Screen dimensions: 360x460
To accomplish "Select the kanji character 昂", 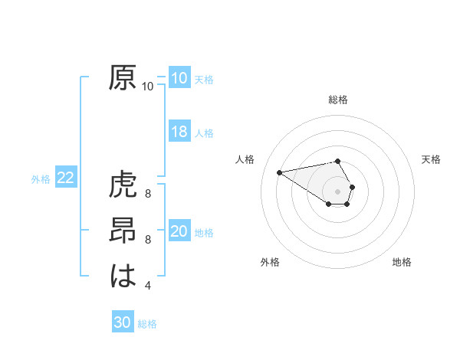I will [x=123, y=232].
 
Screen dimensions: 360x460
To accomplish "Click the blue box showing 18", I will [x=179, y=132].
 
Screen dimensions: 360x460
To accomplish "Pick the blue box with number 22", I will [x=65, y=178].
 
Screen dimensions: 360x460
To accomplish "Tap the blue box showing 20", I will [x=179, y=231].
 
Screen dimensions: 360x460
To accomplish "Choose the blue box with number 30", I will [x=123, y=322].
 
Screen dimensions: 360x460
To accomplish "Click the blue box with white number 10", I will [x=179, y=78].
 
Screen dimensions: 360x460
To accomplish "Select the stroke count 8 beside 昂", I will [x=148, y=239].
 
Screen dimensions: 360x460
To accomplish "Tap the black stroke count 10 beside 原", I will [x=148, y=87].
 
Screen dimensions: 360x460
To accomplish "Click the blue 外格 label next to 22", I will [x=41, y=179].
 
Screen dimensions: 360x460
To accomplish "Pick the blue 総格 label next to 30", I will [x=147, y=324].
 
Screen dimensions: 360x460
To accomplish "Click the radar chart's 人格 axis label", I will [x=245, y=159].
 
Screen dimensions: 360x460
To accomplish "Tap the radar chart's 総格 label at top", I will [x=338, y=100].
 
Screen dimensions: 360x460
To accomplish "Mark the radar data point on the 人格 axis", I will [x=280, y=172].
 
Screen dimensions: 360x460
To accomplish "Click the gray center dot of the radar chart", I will [x=338, y=191].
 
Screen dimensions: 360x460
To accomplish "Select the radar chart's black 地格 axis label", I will [x=402, y=262].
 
